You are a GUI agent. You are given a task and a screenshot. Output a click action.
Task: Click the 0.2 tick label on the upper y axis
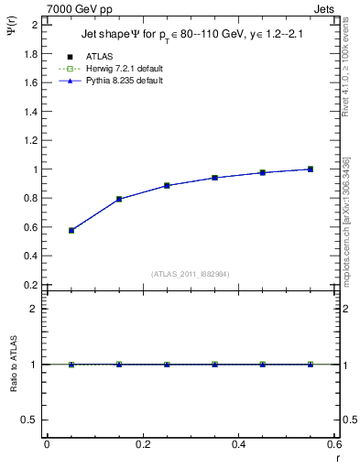click(x=30, y=285)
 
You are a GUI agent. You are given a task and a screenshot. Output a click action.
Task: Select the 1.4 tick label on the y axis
click(x=30, y=111)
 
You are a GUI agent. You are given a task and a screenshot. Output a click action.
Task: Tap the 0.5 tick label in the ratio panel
click(x=30, y=420)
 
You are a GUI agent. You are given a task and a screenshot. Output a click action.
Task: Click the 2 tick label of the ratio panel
click(x=36, y=309)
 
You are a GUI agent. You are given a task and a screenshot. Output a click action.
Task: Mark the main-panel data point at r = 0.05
click(x=71, y=230)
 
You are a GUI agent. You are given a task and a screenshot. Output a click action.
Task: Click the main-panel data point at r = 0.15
click(x=119, y=199)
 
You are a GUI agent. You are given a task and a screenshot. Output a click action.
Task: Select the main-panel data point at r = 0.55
click(x=311, y=169)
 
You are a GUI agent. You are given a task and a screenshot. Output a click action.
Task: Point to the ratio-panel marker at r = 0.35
click(x=215, y=365)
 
